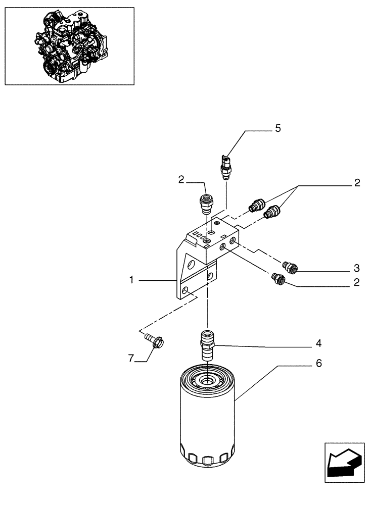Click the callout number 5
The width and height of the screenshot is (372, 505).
[x=277, y=129]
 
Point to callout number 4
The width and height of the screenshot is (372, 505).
[x=318, y=343]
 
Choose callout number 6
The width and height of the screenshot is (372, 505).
[x=318, y=363]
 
